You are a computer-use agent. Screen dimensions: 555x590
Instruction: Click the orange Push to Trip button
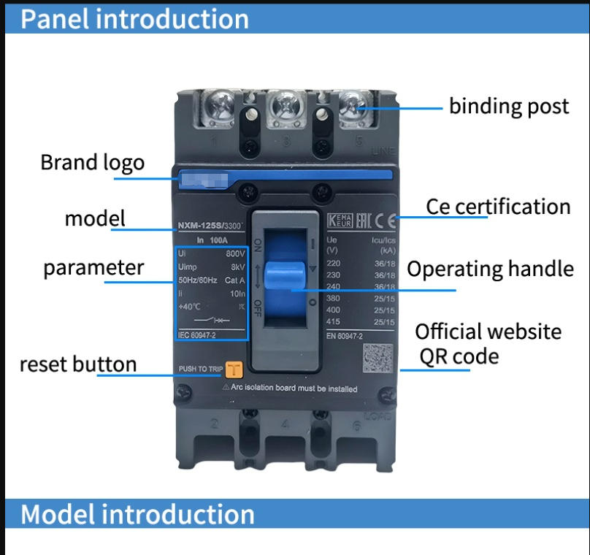[234, 370]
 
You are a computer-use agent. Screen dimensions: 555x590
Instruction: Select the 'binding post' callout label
[508, 107]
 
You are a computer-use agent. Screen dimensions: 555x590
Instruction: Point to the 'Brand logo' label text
[92, 162]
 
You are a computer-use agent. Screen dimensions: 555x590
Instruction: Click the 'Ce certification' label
[498, 207]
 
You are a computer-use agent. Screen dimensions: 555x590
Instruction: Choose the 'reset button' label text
[77, 364]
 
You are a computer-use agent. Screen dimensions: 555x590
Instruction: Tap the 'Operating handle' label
[490, 269]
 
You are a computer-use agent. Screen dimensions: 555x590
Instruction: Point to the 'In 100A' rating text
[210, 239]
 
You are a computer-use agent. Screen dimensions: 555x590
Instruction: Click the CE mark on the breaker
[391, 219]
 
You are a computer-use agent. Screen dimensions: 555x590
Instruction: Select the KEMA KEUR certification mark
[340, 219]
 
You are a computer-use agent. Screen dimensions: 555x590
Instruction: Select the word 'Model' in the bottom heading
[57, 514]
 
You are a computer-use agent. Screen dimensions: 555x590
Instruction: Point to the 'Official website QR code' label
[488, 343]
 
